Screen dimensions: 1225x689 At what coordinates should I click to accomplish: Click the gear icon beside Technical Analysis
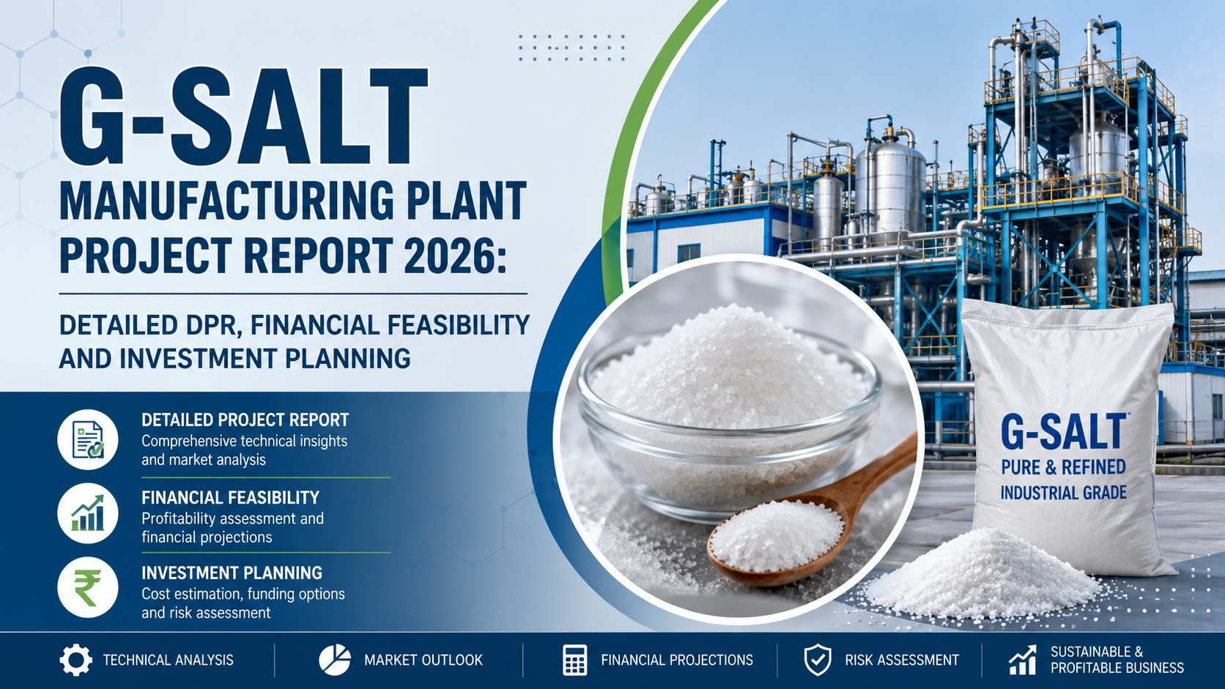[x=76, y=660]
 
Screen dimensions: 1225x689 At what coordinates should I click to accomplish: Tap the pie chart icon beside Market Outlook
[x=335, y=660]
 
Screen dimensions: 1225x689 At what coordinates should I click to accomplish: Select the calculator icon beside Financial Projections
[x=574, y=660]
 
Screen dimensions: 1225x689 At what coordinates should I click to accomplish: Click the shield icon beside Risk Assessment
[x=818, y=660]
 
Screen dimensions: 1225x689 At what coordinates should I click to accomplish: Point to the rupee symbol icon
[x=87, y=588]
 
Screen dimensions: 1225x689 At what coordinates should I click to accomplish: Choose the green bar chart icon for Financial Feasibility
[x=87, y=513]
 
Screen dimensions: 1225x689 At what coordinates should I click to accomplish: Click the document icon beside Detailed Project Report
[x=87, y=439]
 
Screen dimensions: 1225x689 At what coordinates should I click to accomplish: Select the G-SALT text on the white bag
[x=1065, y=432]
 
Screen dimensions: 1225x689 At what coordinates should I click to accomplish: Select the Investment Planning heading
[x=232, y=573]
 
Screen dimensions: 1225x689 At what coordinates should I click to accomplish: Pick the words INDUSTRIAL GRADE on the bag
[x=1063, y=492]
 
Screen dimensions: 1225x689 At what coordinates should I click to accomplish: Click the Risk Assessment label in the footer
[x=902, y=660]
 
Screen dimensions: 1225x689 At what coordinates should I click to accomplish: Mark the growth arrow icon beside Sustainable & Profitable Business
[x=1023, y=660]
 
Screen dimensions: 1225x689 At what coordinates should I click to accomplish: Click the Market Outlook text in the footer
[x=423, y=660]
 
